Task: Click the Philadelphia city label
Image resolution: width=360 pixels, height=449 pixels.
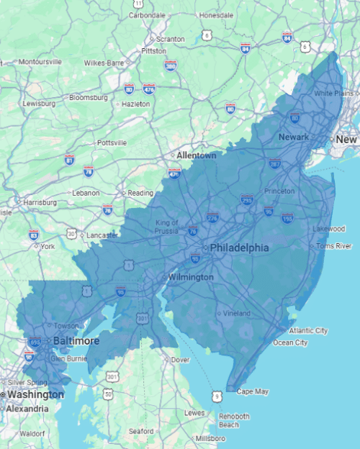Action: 240,248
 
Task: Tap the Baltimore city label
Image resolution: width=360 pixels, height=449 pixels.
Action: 75,340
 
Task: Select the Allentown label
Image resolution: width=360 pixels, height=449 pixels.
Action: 197,155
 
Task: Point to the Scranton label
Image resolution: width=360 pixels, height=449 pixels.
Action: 170,39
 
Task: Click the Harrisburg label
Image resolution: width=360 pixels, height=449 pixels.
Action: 39,203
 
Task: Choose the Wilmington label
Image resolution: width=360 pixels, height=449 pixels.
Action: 190,277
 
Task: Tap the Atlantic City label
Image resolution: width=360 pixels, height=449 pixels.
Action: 307,330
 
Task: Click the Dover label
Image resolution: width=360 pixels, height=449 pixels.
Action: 179,359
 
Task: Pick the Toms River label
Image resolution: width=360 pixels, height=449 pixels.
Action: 334,246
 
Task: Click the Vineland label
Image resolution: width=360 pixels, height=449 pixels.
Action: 235,314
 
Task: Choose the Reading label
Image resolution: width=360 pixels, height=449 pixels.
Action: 140,193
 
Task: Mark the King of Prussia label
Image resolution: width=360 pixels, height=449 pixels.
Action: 167,227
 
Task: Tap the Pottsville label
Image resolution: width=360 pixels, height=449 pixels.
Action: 111,142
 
